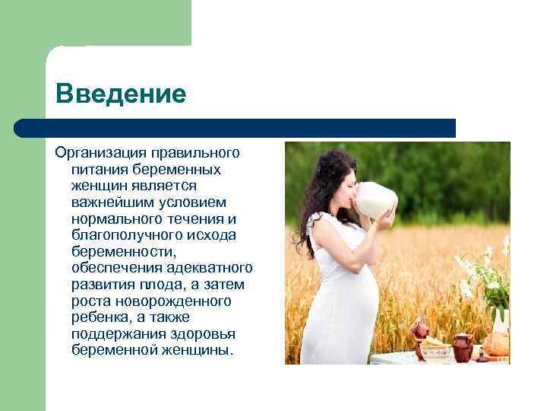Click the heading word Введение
coord(121,94)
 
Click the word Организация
coord(101,154)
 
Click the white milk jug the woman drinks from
coord(375,199)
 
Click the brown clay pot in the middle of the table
coord(462,347)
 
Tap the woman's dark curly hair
coord(318,190)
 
